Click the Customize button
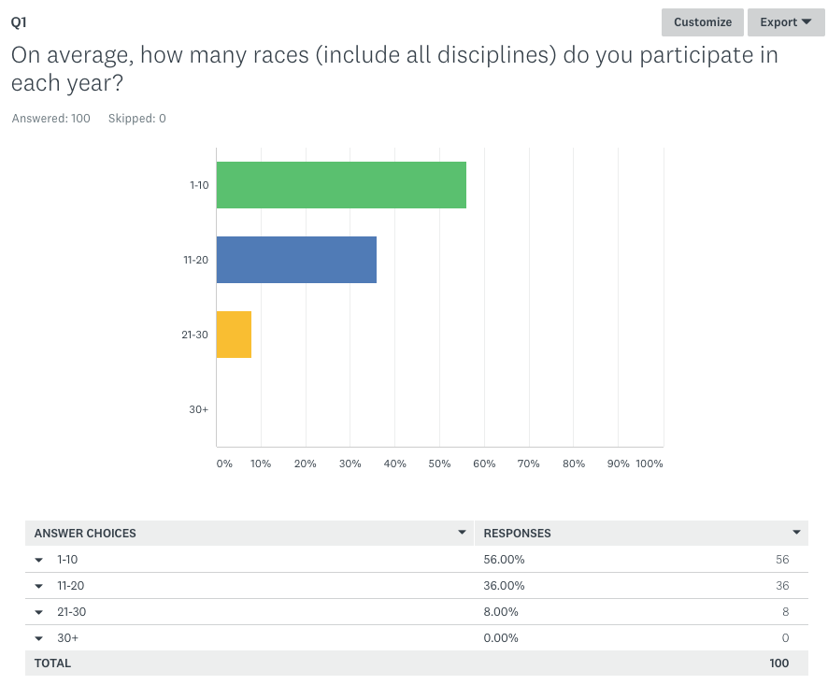click(703, 22)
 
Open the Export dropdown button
click(785, 22)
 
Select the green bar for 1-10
click(341, 185)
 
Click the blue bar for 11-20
click(296, 260)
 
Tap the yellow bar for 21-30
click(234, 335)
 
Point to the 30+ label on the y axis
click(198, 409)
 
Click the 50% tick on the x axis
click(440, 464)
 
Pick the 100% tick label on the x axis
click(649, 464)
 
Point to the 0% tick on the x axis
click(224, 464)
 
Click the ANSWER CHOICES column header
click(85, 534)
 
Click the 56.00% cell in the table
click(504, 560)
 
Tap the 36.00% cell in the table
click(504, 586)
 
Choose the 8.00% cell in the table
click(501, 612)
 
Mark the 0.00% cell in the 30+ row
click(501, 638)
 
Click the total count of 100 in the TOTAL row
click(778, 663)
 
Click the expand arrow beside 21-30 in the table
click(39, 612)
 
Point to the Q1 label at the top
click(19, 22)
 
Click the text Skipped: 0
click(137, 119)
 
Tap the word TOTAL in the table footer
click(52, 663)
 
